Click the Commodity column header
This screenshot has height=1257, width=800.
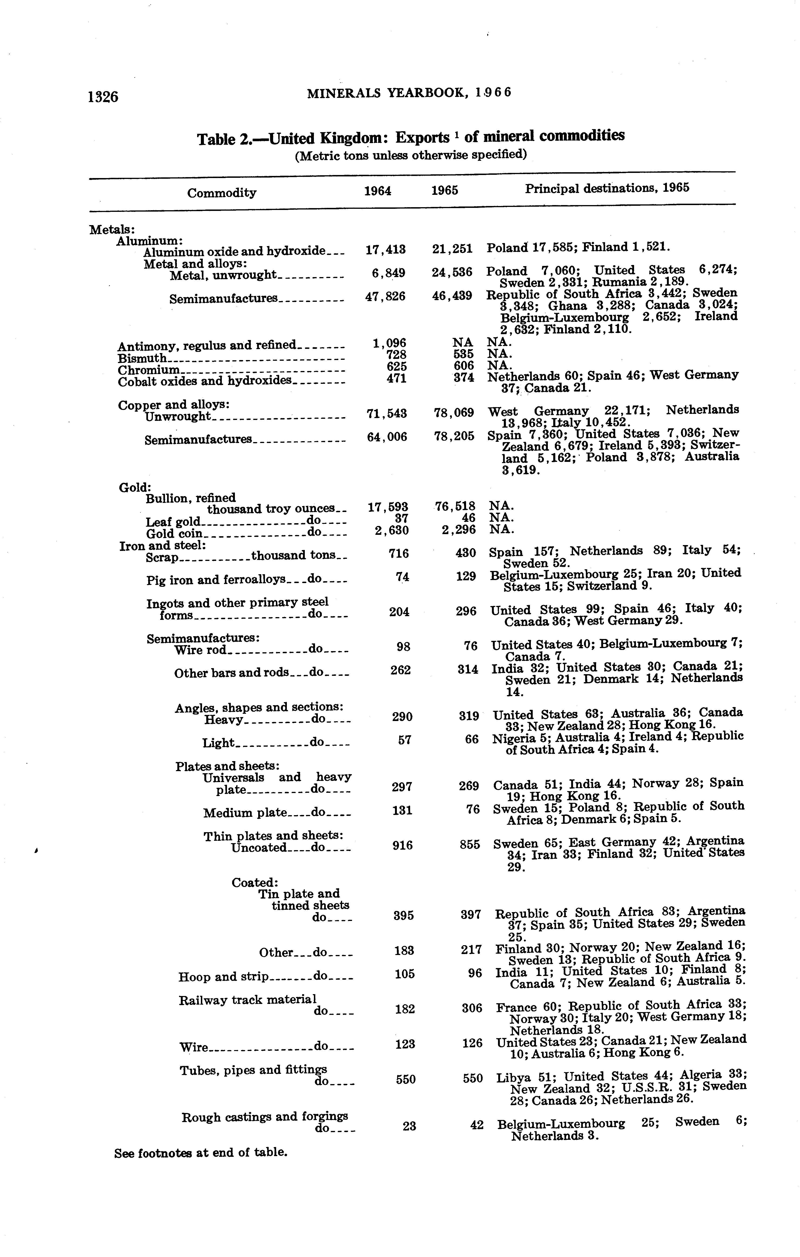point(222,193)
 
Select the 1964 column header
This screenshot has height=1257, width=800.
point(377,191)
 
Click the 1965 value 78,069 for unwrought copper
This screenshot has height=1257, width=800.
point(453,413)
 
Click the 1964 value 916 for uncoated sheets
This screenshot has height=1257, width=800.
point(402,845)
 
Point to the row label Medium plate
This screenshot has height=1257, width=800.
point(245,813)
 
